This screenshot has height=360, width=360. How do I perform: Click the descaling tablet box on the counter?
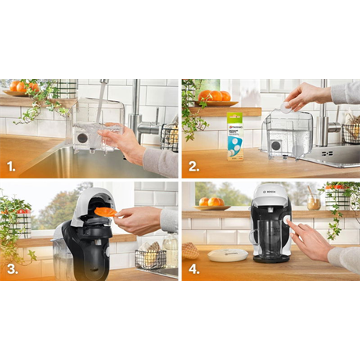tap(235, 135)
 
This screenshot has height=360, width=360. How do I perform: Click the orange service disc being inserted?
tap(105, 211)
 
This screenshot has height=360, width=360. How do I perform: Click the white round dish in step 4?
tap(227, 254)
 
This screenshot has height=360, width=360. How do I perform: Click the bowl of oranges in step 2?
tap(214, 97)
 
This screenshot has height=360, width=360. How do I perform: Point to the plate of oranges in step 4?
tap(211, 203)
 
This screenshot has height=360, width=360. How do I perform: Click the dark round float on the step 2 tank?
tap(275, 146)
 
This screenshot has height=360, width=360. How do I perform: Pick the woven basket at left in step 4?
tap(190, 251)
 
